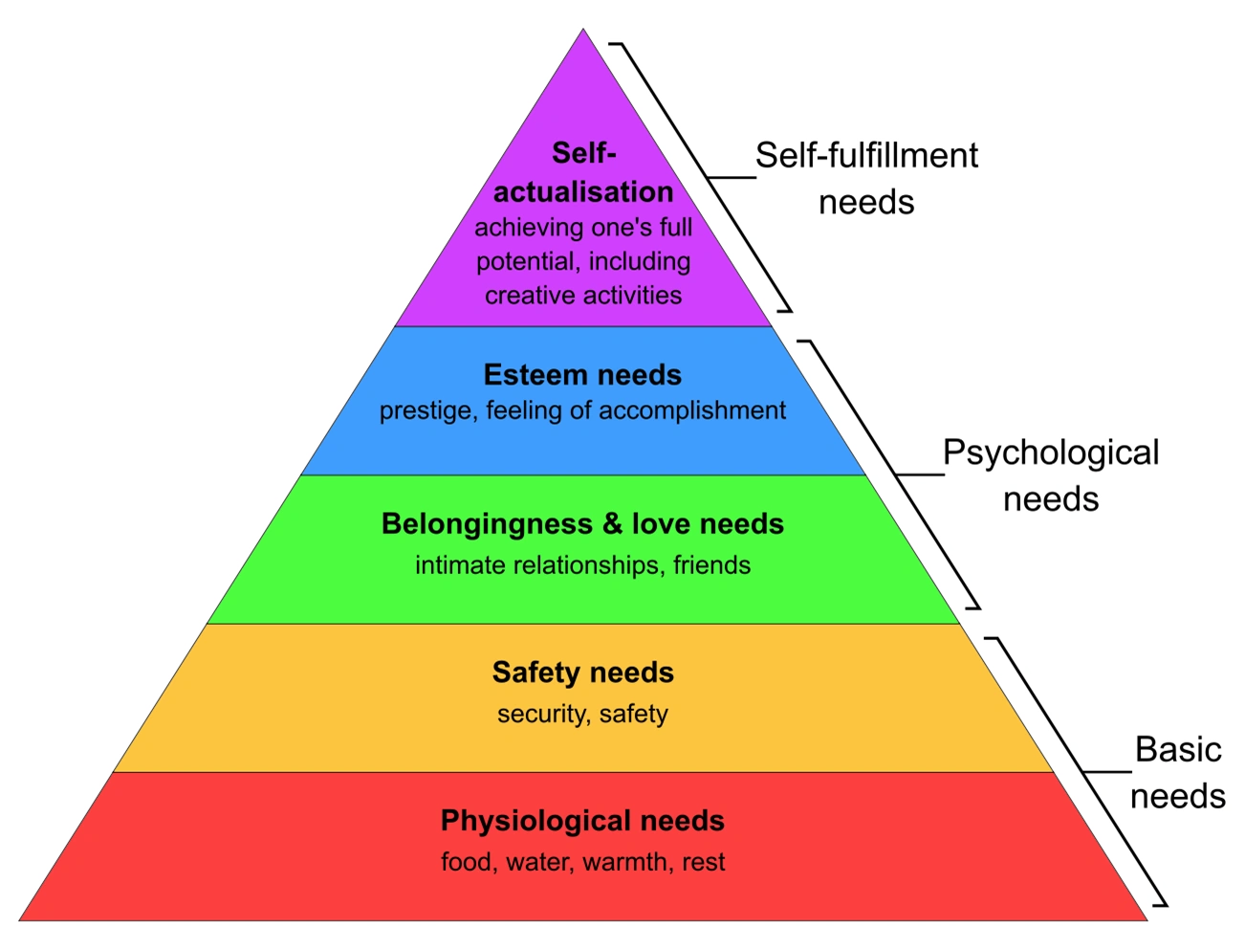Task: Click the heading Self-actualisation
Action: (x=583, y=173)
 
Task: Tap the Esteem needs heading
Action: (x=582, y=374)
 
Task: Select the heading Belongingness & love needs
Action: (x=582, y=524)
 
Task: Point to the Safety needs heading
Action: (x=582, y=673)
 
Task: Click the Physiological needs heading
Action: (x=582, y=821)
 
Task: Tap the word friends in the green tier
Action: (x=711, y=565)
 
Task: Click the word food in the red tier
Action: (x=466, y=862)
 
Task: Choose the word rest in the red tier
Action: (x=704, y=862)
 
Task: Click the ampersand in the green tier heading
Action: (x=612, y=524)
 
